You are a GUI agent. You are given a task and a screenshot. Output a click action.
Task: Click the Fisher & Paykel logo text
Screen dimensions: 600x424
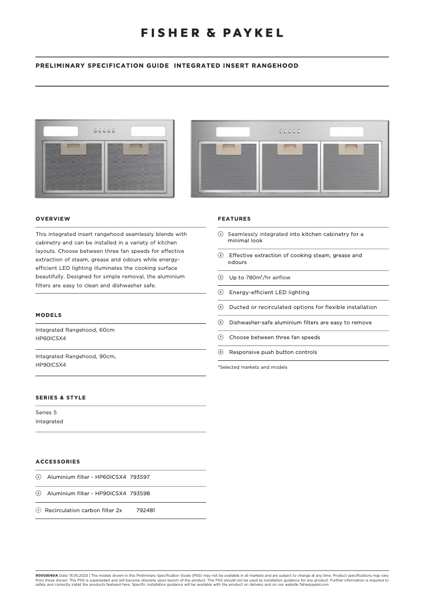pos(212,33)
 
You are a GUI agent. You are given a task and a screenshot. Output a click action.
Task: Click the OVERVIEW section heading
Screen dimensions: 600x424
pos(53,219)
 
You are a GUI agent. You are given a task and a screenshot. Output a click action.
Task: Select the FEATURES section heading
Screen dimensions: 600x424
pos(234,219)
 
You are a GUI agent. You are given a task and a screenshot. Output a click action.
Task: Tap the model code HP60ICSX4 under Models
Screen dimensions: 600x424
pos(51,339)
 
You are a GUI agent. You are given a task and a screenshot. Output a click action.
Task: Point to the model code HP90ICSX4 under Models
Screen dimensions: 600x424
pos(51,365)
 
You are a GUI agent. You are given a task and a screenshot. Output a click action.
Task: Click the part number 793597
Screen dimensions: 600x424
pos(140,477)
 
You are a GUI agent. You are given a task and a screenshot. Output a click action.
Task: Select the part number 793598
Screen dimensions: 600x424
pos(140,494)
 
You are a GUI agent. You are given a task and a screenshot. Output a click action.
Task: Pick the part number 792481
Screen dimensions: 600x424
pos(145,511)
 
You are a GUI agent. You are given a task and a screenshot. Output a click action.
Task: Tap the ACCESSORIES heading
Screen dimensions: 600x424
pos(58,462)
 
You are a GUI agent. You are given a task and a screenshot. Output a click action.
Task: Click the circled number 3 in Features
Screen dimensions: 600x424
pos(220,278)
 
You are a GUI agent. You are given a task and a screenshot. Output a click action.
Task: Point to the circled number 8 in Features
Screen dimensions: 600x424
pos(220,352)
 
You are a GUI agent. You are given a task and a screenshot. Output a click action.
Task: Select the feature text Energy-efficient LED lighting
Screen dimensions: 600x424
pos(269,293)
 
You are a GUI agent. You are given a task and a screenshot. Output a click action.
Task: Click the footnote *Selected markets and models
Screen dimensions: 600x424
pos(253,367)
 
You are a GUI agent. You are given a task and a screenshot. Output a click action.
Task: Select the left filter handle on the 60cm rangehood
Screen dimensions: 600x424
pos(73,149)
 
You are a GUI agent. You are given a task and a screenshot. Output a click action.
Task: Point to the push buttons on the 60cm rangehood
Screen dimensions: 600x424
pos(105,131)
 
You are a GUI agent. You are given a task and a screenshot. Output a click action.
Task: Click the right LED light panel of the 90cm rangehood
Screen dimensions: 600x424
pos(346,132)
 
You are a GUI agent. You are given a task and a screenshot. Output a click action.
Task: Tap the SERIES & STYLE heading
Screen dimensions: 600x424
pos(60,397)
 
